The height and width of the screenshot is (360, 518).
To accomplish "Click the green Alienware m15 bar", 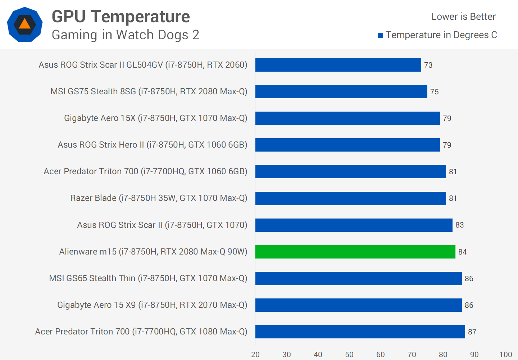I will tap(355, 252).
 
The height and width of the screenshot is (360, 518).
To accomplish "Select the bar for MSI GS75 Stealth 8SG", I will tap(341, 91).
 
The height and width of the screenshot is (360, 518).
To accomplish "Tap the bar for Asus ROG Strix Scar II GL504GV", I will tap(338, 65).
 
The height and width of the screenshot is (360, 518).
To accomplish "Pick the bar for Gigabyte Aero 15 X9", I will tap(358, 305).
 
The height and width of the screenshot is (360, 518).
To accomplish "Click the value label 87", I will tap(472, 332).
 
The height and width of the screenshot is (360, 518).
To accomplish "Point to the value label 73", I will tap(428, 65).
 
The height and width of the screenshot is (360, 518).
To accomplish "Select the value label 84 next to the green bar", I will tap(462, 252).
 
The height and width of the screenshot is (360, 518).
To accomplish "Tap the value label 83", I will tap(459, 225).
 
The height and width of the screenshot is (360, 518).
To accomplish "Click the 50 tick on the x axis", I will tap(349, 354).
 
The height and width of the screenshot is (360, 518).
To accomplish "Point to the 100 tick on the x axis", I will tap(505, 354).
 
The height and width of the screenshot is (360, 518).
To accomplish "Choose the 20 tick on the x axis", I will tap(255, 354).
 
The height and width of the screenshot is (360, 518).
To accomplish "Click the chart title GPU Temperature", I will tap(121, 17).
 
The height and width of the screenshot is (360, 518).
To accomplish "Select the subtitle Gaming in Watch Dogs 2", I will tap(125, 35).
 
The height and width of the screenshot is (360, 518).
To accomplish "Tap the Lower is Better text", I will tap(463, 17).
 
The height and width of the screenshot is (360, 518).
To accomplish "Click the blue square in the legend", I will tap(380, 35).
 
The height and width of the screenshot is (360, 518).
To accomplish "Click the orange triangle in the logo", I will tap(24, 24).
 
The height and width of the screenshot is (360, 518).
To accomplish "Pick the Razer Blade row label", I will tap(159, 198).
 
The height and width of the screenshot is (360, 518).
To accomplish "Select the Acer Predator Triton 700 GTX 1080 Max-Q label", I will tap(141, 332).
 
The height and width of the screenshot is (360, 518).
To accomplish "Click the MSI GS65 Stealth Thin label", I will tap(148, 278).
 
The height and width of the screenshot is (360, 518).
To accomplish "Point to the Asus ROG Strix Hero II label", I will tap(152, 145).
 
